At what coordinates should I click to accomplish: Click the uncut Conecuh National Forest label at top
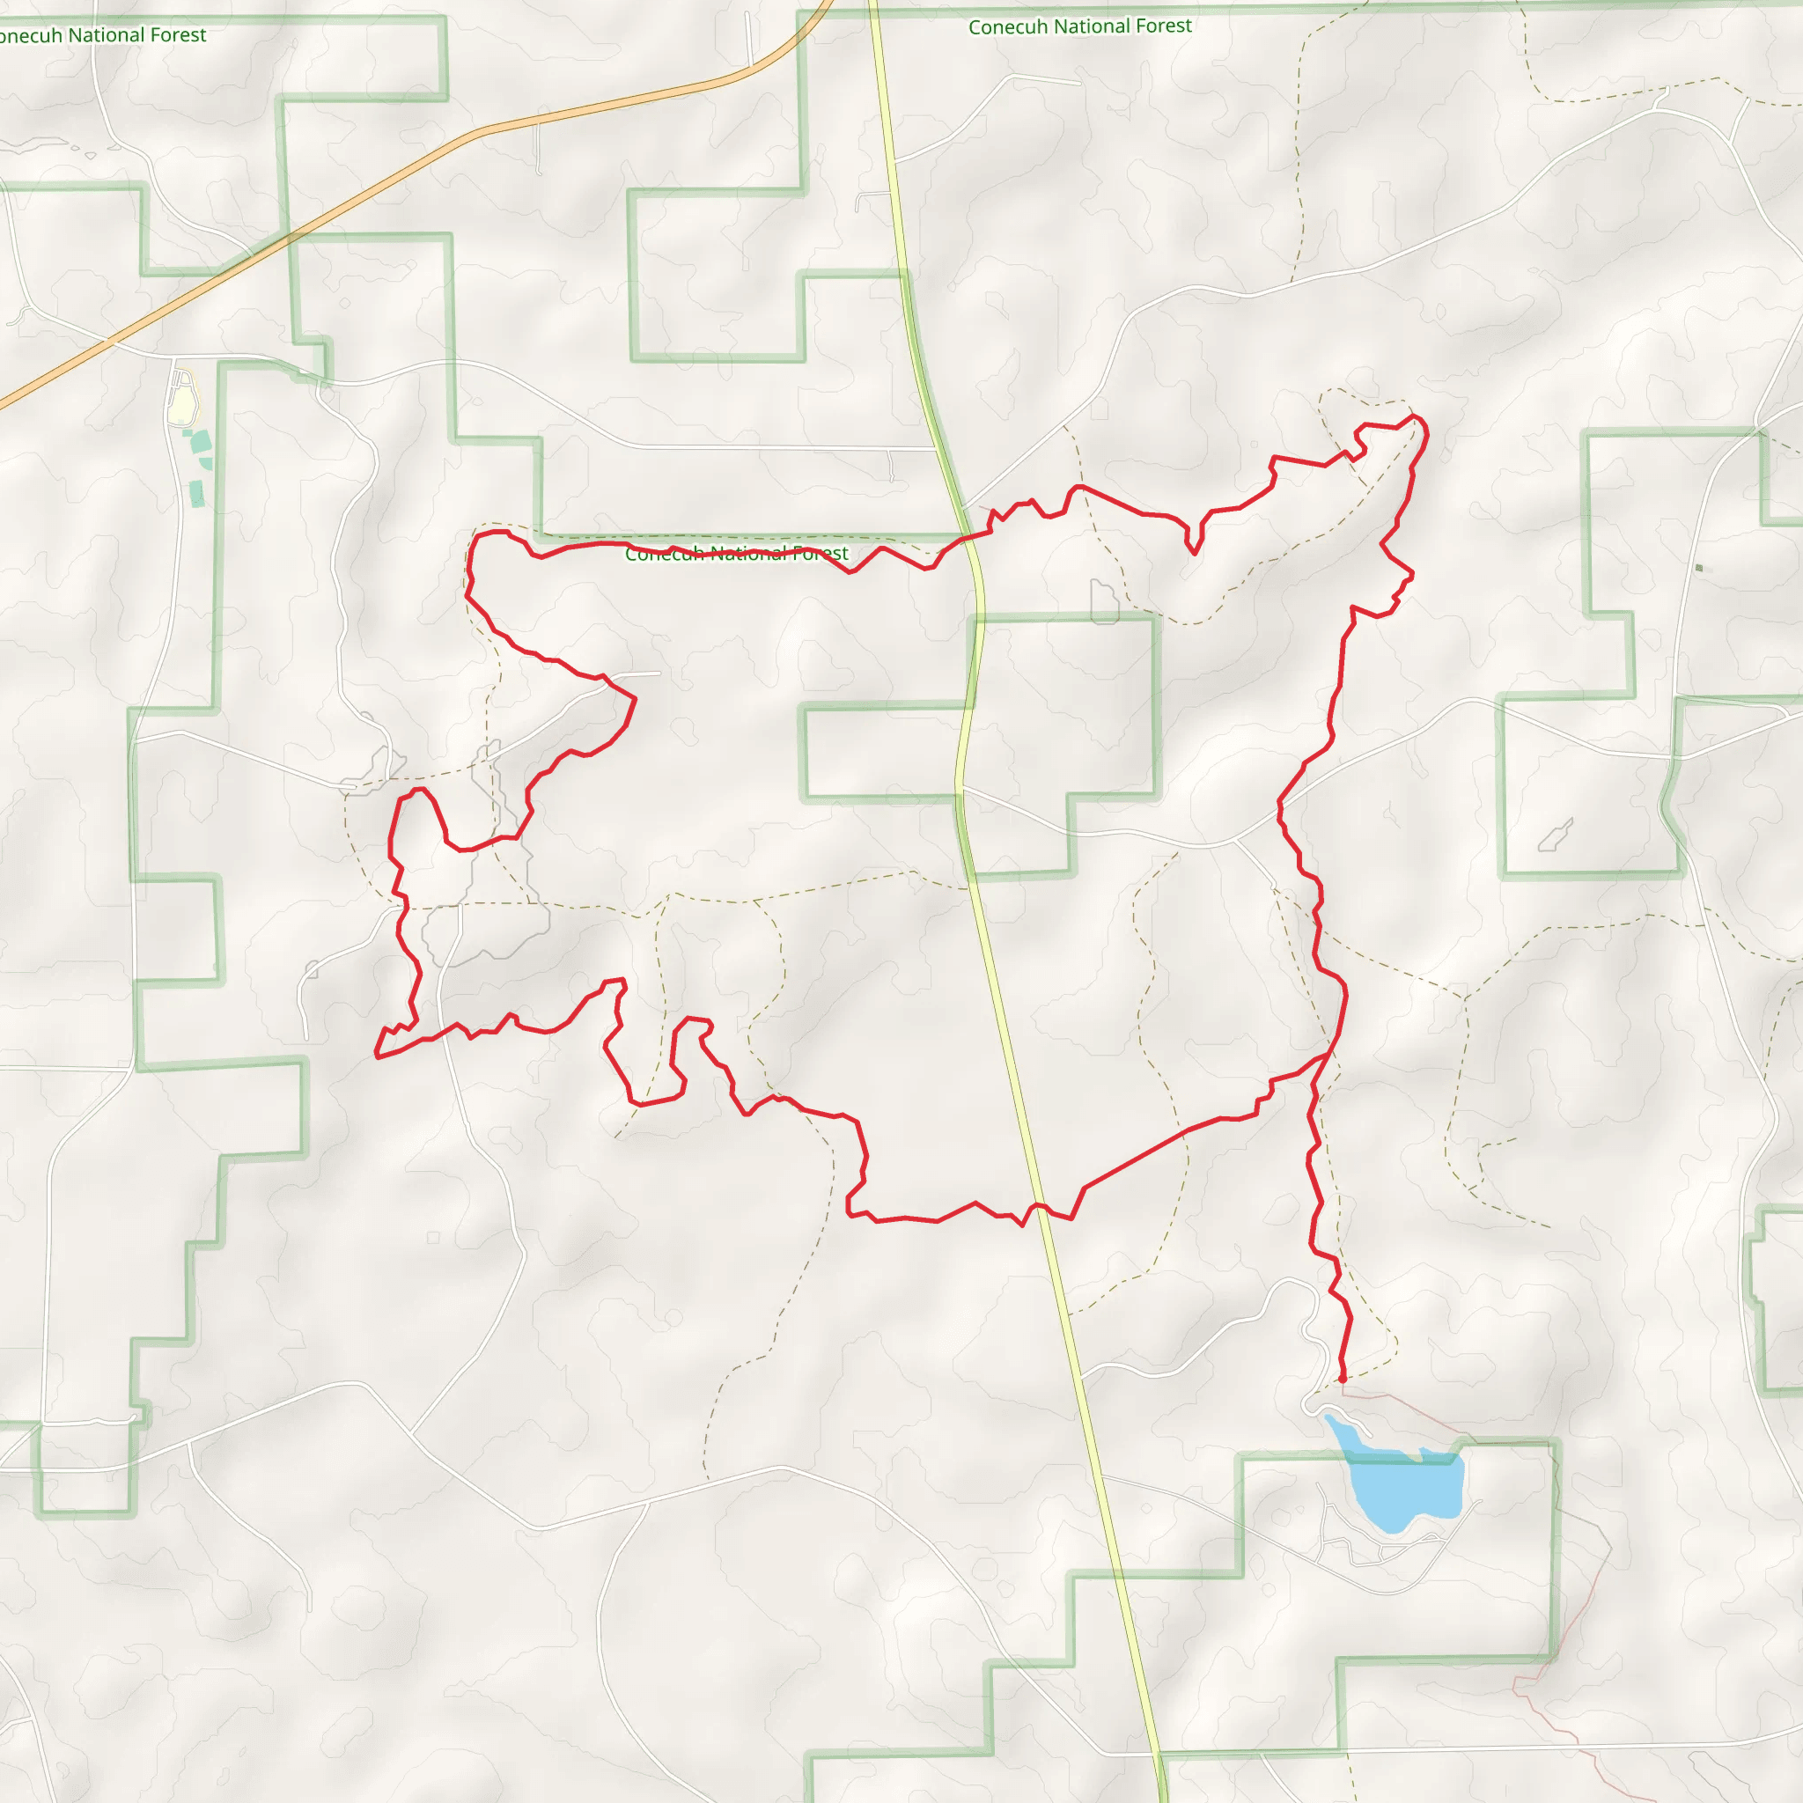pyautogui.click(x=1079, y=26)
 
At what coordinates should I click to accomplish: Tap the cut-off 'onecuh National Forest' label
pyautogui.click(x=102, y=35)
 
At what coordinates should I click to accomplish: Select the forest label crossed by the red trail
pyautogui.click(x=736, y=554)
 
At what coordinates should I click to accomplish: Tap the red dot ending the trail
pyautogui.click(x=1342, y=1379)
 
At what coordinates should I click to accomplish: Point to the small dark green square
pyautogui.click(x=1698, y=568)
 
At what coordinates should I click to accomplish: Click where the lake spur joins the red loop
pyautogui.click(x=1327, y=1055)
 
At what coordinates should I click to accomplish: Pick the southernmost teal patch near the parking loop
pyautogui.click(x=197, y=494)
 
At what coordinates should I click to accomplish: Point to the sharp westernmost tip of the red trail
pyautogui.click(x=376, y=1056)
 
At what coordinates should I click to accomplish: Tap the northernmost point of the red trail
pyautogui.click(x=1414, y=416)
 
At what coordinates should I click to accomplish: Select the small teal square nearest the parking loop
pyautogui.click(x=188, y=433)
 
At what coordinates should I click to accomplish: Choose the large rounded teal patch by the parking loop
pyautogui.click(x=201, y=442)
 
